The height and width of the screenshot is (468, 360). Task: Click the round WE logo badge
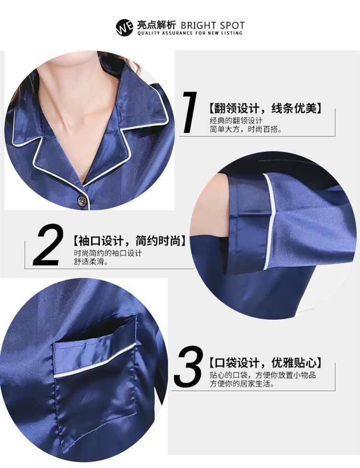coord(124,28)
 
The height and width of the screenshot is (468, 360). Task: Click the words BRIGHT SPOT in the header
coord(213,25)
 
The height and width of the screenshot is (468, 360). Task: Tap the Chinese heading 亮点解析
coord(156,25)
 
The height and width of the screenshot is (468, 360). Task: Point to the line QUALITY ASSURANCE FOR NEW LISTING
coord(190,33)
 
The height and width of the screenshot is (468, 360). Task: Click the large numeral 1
coord(189,112)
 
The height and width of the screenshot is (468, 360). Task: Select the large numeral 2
coord(48,244)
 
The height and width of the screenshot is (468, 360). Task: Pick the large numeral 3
coord(188,366)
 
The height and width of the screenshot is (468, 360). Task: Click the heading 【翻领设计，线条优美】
coord(265,108)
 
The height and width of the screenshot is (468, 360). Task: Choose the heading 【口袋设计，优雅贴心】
coord(265,363)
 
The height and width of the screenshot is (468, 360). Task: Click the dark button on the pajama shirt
coord(82,199)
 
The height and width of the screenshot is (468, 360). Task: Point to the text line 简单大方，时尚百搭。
coord(246,130)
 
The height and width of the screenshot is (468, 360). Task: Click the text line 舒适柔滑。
coord(91,262)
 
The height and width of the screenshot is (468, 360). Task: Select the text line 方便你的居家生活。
coord(242,384)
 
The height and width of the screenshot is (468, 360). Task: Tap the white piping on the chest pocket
coord(95,360)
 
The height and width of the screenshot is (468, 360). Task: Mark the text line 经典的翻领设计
coord(236,121)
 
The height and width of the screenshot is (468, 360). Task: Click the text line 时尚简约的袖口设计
coord(108,253)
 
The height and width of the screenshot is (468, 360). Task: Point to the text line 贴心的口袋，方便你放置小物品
coord(263,375)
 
